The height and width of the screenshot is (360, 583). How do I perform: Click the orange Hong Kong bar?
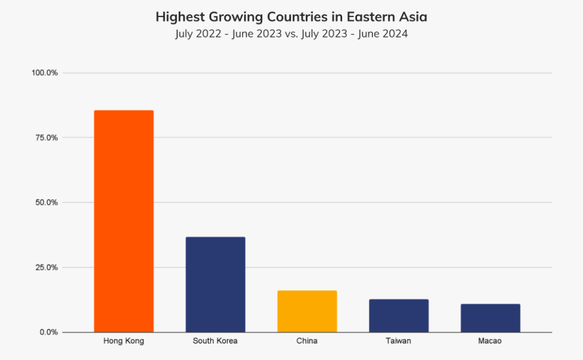[124, 221]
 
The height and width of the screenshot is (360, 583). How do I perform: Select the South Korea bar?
[215, 284]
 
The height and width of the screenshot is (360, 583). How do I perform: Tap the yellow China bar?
[307, 311]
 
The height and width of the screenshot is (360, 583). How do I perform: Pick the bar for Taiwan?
[399, 316]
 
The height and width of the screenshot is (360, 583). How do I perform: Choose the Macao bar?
[490, 318]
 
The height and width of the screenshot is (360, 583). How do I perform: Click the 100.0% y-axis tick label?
[44, 73]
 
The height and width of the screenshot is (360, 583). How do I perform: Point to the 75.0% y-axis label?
[46, 138]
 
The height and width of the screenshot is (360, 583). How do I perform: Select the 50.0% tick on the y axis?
[46, 202]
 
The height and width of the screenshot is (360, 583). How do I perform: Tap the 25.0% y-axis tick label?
[46, 267]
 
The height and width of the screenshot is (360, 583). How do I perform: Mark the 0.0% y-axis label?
[47, 332]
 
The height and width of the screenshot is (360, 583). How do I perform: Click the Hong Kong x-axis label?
[124, 341]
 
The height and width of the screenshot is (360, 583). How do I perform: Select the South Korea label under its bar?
[215, 341]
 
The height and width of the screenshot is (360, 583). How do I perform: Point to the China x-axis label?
[307, 341]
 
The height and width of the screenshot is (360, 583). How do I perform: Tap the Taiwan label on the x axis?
[399, 341]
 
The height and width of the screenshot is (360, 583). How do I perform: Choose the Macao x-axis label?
[490, 341]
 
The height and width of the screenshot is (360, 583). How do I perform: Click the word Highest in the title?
[177, 18]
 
